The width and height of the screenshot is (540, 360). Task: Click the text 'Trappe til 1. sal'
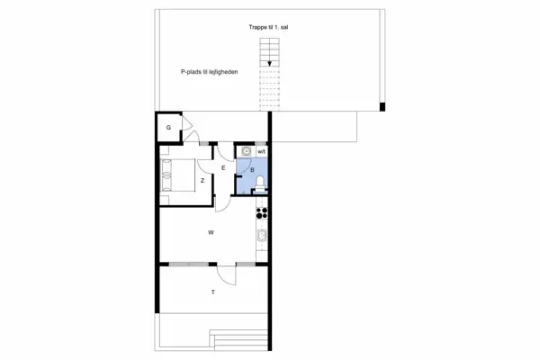click(269, 28)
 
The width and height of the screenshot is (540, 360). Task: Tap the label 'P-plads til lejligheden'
click(208, 73)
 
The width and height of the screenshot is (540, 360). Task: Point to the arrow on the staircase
click(270, 63)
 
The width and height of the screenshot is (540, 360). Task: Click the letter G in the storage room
click(168, 128)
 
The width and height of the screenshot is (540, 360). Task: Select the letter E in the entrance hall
click(222, 167)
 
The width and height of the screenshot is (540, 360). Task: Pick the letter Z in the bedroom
click(202, 181)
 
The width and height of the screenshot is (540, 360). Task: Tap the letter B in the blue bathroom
click(253, 169)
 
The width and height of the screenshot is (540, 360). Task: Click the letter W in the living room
click(211, 232)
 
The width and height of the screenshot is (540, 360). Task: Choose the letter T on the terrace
click(213, 293)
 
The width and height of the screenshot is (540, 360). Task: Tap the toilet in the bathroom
click(260, 184)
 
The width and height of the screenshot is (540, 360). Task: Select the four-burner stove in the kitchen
click(262, 213)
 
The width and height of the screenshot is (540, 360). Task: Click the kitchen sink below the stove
click(262, 237)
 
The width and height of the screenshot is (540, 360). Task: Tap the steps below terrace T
click(239, 340)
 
